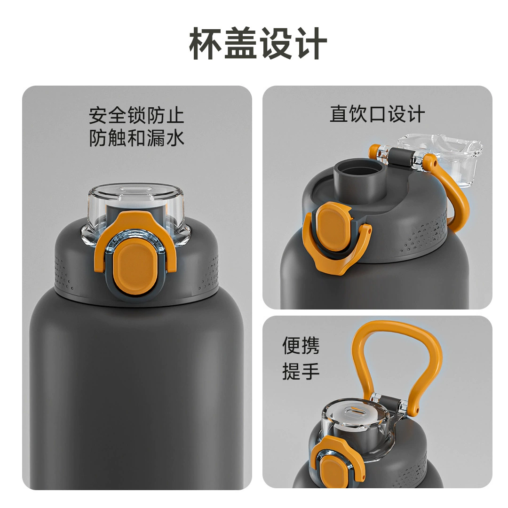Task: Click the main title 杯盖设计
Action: click(258, 43)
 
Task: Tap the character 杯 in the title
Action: click(206, 43)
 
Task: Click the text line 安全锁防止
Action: click(136, 115)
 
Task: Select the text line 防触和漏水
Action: click(136, 138)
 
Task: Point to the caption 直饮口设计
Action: click(377, 114)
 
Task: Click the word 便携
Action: click(301, 346)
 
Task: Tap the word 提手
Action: click(301, 371)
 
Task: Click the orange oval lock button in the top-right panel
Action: click(332, 229)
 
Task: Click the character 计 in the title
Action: click(312, 43)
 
